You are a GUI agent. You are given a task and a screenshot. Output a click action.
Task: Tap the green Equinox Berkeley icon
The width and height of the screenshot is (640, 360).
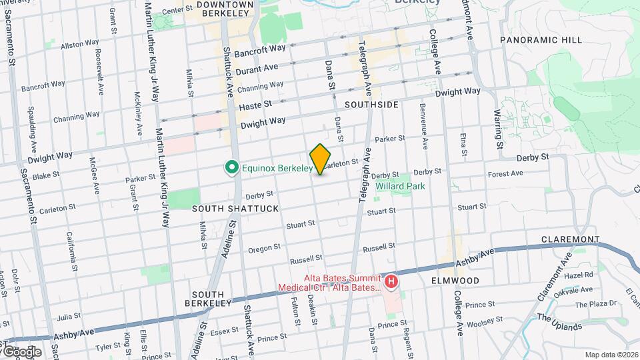coord(231,167)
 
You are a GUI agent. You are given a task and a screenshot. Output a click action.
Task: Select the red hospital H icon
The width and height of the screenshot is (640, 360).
coord(391,282)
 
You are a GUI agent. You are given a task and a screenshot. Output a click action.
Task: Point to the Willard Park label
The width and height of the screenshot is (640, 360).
coord(400,187)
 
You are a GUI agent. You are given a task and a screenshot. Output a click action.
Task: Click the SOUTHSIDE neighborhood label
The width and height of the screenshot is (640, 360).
coord(372,105)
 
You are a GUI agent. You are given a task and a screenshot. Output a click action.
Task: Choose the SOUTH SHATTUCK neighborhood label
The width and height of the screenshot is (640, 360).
coord(226,209)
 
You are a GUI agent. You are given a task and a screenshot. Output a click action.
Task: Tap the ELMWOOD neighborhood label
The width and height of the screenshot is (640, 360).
coord(455,281)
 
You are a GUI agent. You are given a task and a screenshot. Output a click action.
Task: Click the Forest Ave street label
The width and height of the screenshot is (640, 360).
coord(506,174)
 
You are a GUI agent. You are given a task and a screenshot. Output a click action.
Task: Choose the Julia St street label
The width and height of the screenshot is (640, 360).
coord(69,316)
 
